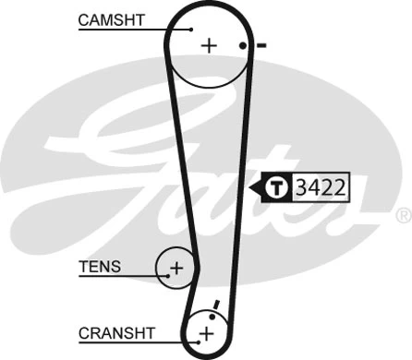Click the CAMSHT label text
[x=112, y=18]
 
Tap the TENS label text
[x=100, y=267]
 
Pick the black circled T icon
[x=278, y=188]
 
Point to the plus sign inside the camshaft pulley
[x=209, y=45]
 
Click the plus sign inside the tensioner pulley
[x=176, y=269]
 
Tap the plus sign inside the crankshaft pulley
[x=206, y=331]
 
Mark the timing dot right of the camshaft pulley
[x=243, y=45]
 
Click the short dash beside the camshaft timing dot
[x=261, y=45]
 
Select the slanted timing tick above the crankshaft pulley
[x=215, y=306]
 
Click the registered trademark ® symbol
[x=403, y=216]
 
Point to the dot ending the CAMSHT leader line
[x=193, y=29]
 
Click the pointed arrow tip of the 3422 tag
[x=249, y=188]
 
